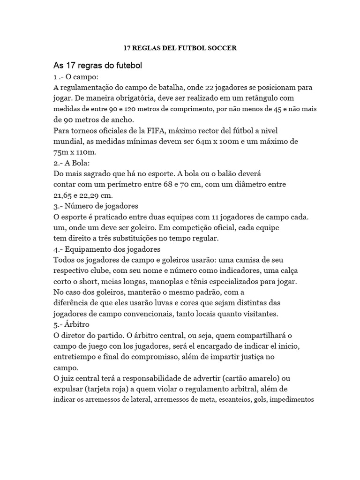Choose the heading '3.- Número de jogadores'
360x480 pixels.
(x=96, y=206)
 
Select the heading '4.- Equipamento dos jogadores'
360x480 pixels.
(x=107, y=249)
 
